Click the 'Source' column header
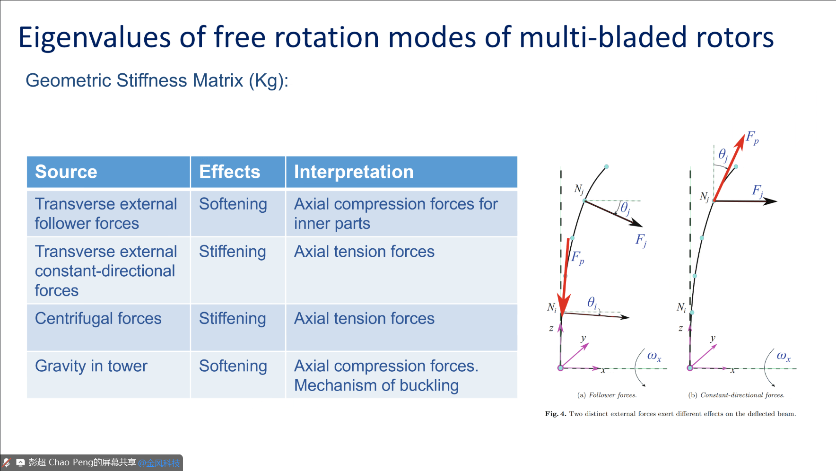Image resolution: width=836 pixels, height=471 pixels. (x=66, y=172)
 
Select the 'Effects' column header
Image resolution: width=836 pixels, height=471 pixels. (x=229, y=172)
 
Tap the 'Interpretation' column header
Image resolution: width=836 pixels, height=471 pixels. (x=354, y=172)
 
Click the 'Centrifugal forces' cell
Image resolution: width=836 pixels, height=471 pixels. (x=98, y=318)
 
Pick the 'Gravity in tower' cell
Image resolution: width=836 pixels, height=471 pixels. (x=91, y=366)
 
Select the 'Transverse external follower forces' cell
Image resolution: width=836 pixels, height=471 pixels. (x=106, y=213)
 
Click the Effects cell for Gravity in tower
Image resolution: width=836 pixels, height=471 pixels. (x=233, y=366)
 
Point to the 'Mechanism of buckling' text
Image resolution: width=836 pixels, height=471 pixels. (x=376, y=385)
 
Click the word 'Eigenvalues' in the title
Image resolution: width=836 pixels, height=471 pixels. (x=95, y=38)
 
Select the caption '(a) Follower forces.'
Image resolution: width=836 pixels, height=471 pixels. (x=607, y=395)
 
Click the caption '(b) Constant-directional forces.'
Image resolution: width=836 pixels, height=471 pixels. (x=736, y=395)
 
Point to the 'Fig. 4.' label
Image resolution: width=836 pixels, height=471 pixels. (x=555, y=414)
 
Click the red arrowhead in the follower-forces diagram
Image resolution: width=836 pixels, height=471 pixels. (x=563, y=303)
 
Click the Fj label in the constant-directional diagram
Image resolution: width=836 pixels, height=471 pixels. (x=758, y=191)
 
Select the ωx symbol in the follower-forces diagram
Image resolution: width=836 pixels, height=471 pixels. (x=654, y=356)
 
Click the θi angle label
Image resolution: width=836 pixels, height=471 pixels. (x=592, y=303)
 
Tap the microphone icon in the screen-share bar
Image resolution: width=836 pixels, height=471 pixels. (x=7, y=462)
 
